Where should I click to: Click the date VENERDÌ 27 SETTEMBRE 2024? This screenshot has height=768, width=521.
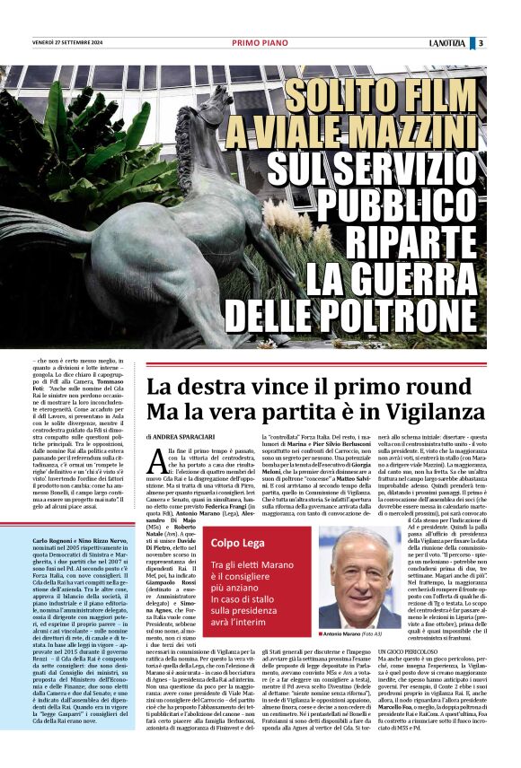[x=68, y=43]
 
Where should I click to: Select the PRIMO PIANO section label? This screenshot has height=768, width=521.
[x=259, y=43]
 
